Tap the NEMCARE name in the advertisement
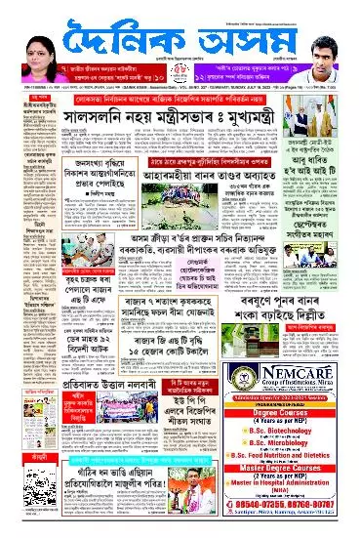[x=299, y=370]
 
